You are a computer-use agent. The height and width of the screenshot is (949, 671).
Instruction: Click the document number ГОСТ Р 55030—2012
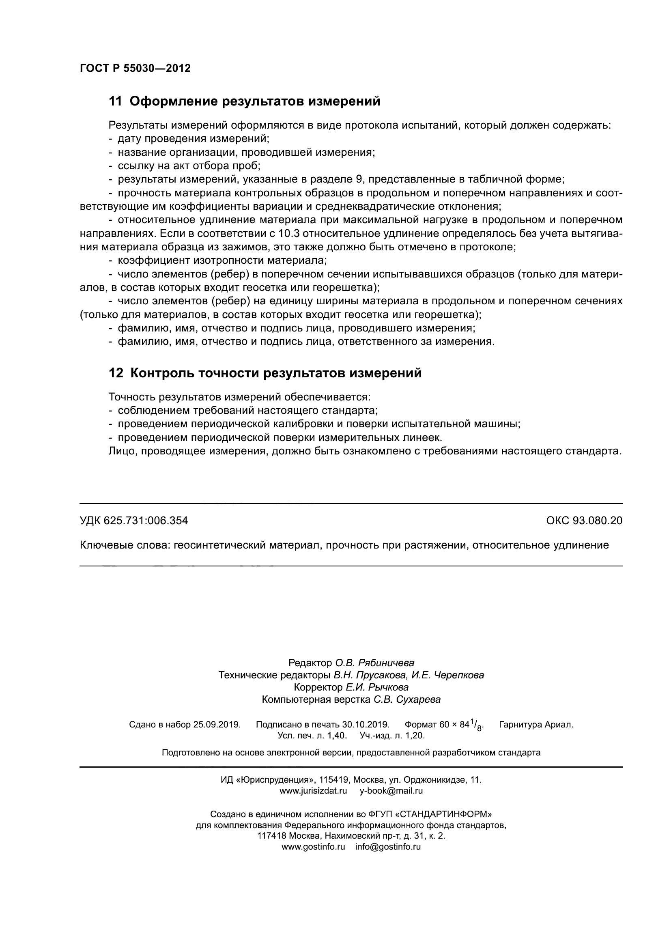point(135,69)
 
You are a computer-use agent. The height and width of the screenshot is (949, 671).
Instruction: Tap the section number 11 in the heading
point(115,101)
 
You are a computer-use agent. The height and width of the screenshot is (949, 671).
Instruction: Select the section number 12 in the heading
point(115,373)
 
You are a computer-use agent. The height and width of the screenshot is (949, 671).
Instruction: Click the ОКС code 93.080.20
point(597,521)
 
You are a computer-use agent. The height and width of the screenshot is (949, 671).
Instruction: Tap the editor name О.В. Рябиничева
point(374,663)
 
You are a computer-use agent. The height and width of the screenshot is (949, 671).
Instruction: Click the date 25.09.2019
point(217,725)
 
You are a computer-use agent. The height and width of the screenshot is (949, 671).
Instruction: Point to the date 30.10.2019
point(366,725)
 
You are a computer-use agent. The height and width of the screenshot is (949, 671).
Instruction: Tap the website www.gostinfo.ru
point(313,846)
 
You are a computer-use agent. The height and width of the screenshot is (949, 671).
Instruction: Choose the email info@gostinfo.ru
point(388,846)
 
